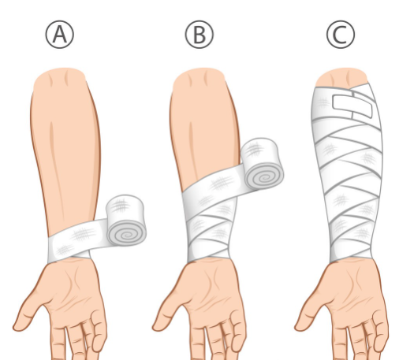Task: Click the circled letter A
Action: coord(60,35)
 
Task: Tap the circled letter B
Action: coord(199,35)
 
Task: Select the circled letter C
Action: coord(341,35)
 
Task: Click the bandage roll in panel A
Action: coord(126,221)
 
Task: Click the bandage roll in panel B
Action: coord(263,163)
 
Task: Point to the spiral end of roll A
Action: coord(127,234)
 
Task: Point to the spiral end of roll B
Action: coord(264,177)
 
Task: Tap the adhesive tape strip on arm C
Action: coord(352,106)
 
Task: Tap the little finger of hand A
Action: coord(99,331)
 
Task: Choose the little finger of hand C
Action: coord(381,331)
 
